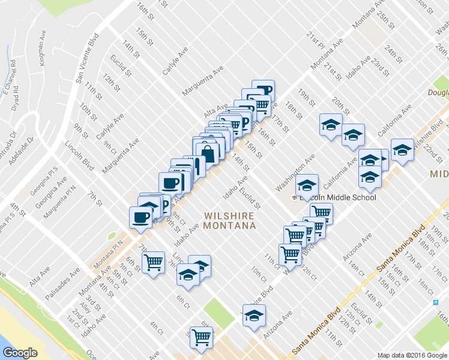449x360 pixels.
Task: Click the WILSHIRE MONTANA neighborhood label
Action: (x=229, y=220)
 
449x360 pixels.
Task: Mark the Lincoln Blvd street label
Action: (x=80, y=155)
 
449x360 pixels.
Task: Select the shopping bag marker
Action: (x=207, y=154)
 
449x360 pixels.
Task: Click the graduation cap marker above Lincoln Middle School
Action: (x=307, y=185)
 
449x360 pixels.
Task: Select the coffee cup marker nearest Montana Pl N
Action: (x=141, y=217)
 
